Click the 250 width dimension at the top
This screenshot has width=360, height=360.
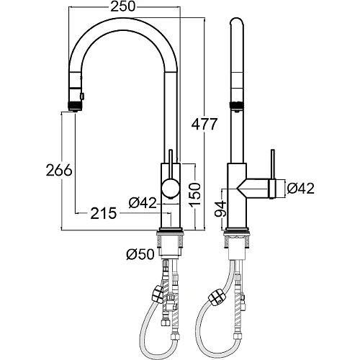[122, 6]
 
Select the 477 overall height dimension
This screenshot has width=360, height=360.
[204, 124]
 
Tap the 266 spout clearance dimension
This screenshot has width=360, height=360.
[59, 170]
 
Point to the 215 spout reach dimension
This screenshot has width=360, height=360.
[104, 213]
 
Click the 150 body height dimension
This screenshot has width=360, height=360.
[194, 194]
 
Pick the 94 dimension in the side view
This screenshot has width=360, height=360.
[220, 209]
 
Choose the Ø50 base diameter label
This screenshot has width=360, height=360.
[140, 254]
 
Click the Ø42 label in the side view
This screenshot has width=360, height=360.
[300, 189]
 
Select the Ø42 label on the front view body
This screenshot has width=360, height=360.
[143, 203]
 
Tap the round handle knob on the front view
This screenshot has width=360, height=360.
[170, 189]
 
